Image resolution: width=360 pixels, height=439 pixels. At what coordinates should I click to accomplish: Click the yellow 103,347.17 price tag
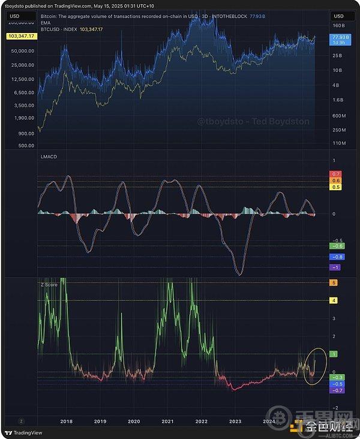click(x=21, y=37)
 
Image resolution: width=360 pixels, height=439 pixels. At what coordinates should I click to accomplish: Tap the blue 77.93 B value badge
click(x=338, y=37)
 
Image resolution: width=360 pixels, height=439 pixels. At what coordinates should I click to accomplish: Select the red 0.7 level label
click(x=336, y=174)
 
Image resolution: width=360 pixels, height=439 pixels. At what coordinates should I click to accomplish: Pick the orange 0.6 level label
click(x=336, y=181)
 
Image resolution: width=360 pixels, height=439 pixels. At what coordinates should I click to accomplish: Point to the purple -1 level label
click(x=335, y=267)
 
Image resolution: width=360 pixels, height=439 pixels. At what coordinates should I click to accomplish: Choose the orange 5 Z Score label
click(x=334, y=282)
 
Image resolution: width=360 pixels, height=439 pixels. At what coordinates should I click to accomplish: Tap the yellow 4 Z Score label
click(x=334, y=300)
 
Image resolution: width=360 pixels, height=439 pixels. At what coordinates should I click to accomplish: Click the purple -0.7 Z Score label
click(x=338, y=390)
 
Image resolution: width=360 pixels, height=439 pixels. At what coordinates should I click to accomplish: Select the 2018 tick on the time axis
click(x=67, y=422)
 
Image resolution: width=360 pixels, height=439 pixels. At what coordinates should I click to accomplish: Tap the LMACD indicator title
click(x=49, y=156)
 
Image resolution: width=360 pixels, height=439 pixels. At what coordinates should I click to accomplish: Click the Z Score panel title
click(x=49, y=284)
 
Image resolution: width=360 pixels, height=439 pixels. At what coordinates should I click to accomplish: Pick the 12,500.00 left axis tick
click(x=22, y=79)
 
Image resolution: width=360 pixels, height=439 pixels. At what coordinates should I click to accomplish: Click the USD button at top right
click(x=339, y=16)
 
